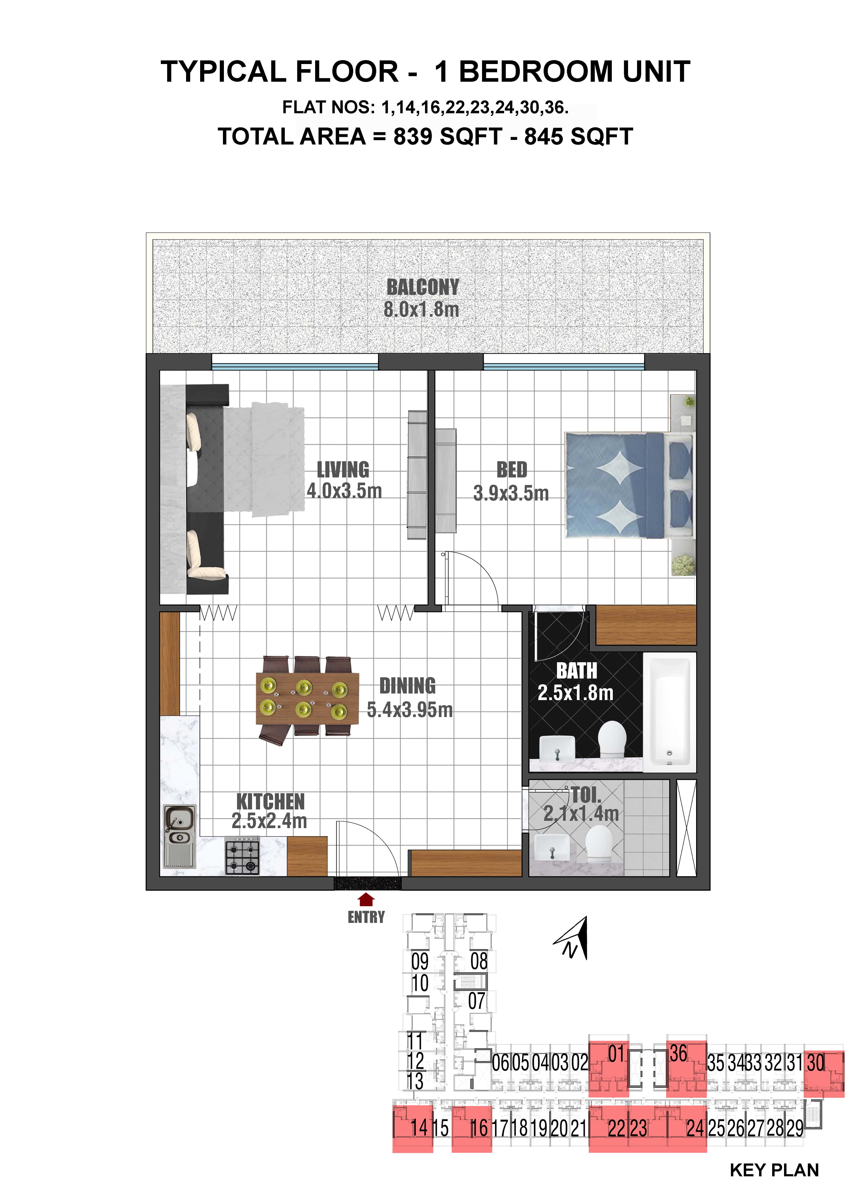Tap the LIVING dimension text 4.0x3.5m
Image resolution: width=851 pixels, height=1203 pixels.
pyautogui.click(x=344, y=491)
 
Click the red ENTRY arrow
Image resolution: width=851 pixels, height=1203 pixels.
pyautogui.click(x=366, y=900)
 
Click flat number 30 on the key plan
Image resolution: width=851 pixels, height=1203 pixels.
pyautogui.click(x=816, y=1063)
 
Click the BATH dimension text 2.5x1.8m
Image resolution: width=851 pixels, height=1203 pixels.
pyautogui.click(x=575, y=693)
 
